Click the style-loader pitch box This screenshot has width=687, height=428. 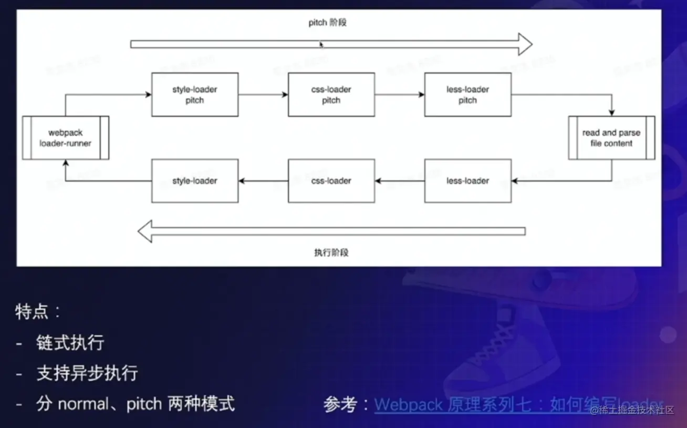194,95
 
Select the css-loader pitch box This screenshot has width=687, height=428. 331,95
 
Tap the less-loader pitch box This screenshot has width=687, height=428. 467,95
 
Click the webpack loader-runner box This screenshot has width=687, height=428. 66,138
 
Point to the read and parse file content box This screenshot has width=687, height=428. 611,138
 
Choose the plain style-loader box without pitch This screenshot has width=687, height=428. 194,181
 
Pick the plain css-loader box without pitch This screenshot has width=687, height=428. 331,181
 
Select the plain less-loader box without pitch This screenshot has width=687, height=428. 467,181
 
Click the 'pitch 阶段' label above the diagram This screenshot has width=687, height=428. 328,23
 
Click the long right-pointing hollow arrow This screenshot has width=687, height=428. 331,44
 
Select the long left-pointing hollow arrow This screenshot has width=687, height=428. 331,231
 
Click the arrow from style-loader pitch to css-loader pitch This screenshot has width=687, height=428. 263,95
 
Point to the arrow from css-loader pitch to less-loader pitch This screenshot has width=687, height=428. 400,95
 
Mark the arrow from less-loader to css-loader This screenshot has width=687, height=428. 400,181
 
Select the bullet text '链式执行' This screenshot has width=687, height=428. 70,343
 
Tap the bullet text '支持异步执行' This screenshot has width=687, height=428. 87,373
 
